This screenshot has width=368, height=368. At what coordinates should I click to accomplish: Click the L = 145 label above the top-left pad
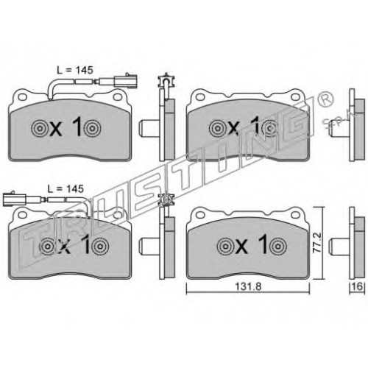[x=75, y=70]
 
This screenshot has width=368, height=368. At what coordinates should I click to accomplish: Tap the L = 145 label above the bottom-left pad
[x=66, y=188]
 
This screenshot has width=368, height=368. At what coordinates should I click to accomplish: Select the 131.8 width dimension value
[x=248, y=286]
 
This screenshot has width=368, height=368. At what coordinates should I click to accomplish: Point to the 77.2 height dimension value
[x=318, y=243]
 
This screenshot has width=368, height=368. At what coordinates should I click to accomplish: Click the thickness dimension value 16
[x=358, y=286]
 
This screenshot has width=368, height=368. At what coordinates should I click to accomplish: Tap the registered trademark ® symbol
[x=326, y=101]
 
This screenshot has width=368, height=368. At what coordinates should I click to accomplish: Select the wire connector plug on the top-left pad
[x=127, y=81]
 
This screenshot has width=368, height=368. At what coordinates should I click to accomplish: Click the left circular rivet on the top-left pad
[x=40, y=128]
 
